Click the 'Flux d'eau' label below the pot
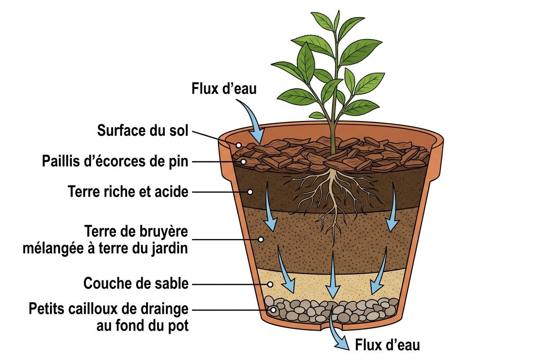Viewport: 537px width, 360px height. click(387, 345)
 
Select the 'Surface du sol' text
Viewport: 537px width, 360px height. click(142, 131)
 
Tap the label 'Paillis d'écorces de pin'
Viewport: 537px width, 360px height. click(115, 161)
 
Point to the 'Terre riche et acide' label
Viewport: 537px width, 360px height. click(128, 192)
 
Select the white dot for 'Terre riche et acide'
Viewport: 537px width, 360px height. click(250, 192)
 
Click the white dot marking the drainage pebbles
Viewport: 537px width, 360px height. click(273, 310)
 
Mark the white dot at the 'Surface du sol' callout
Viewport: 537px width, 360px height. click(239, 145)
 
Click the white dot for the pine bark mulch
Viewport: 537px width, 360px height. click(243, 162)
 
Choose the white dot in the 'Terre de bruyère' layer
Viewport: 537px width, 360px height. click(261, 239)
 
